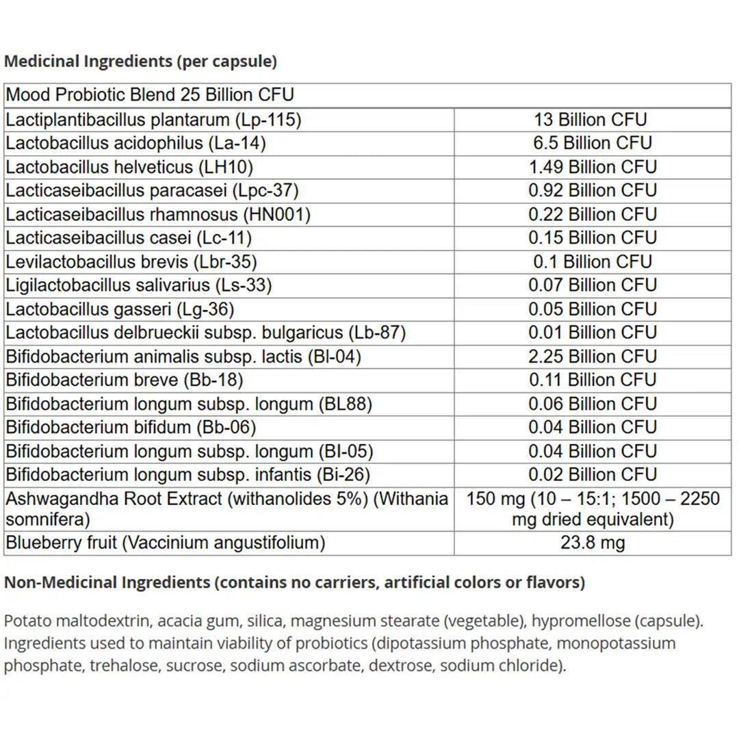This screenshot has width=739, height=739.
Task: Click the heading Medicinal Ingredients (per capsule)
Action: coord(140,61)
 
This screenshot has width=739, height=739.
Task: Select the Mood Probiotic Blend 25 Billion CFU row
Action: coord(151,95)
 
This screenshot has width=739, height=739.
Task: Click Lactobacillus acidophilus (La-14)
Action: coord(135,143)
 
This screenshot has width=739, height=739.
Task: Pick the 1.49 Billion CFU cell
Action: coord(592,167)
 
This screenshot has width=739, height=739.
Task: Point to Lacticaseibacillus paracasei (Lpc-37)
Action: coord(152,190)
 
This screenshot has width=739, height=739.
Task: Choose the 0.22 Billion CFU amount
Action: coord(592,214)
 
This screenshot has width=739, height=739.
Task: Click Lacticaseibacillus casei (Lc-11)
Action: coord(129,237)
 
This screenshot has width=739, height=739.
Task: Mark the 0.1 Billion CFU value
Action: coord(592,261)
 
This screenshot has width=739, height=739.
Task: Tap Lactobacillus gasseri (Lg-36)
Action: coord(120,309)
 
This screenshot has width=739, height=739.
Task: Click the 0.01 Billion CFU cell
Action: coord(592,333)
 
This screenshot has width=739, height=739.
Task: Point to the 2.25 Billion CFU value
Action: coord(592,356)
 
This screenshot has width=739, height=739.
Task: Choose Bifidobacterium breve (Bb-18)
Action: coord(125,380)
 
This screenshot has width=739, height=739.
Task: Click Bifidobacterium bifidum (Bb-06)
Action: coord(131,428)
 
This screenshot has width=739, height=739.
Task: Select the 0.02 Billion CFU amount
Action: coord(592,475)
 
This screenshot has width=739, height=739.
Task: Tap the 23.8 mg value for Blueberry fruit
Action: coord(592,543)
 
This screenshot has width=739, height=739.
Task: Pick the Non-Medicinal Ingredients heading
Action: coord(294,583)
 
